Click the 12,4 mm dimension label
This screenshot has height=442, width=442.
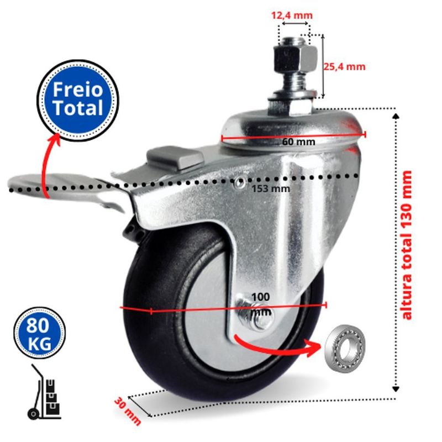pos(292,15)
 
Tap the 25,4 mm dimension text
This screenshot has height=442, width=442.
pos(344,67)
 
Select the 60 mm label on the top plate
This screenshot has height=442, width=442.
pos(298,142)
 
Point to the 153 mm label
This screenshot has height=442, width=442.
pos(271,188)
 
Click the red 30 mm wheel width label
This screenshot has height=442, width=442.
pos(128,411)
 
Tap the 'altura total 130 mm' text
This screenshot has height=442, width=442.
pos(407,245)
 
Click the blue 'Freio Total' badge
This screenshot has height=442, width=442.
pos(78,100)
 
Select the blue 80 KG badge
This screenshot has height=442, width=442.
pos(39,333)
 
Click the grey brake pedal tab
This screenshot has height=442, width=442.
pos(175,157)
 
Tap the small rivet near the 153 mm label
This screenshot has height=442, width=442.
pos(240,184)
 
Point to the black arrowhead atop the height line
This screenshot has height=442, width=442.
pos(396,116)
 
